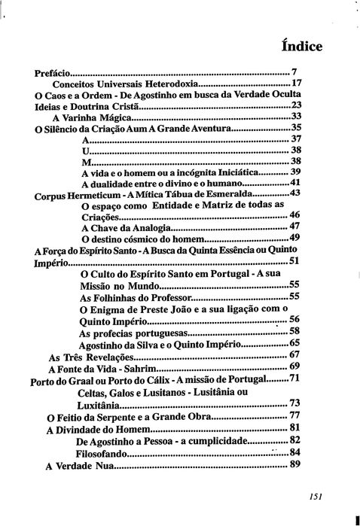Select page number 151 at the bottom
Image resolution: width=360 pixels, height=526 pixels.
click(316, 496)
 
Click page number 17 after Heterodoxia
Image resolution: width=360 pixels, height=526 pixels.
click(296, 84)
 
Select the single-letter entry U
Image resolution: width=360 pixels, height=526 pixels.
click(84, 151)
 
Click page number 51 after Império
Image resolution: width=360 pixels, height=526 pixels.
click(294, 261)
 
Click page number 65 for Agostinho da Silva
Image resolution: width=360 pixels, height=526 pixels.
click(294, 342)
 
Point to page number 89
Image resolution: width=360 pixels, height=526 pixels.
click(294, 464)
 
